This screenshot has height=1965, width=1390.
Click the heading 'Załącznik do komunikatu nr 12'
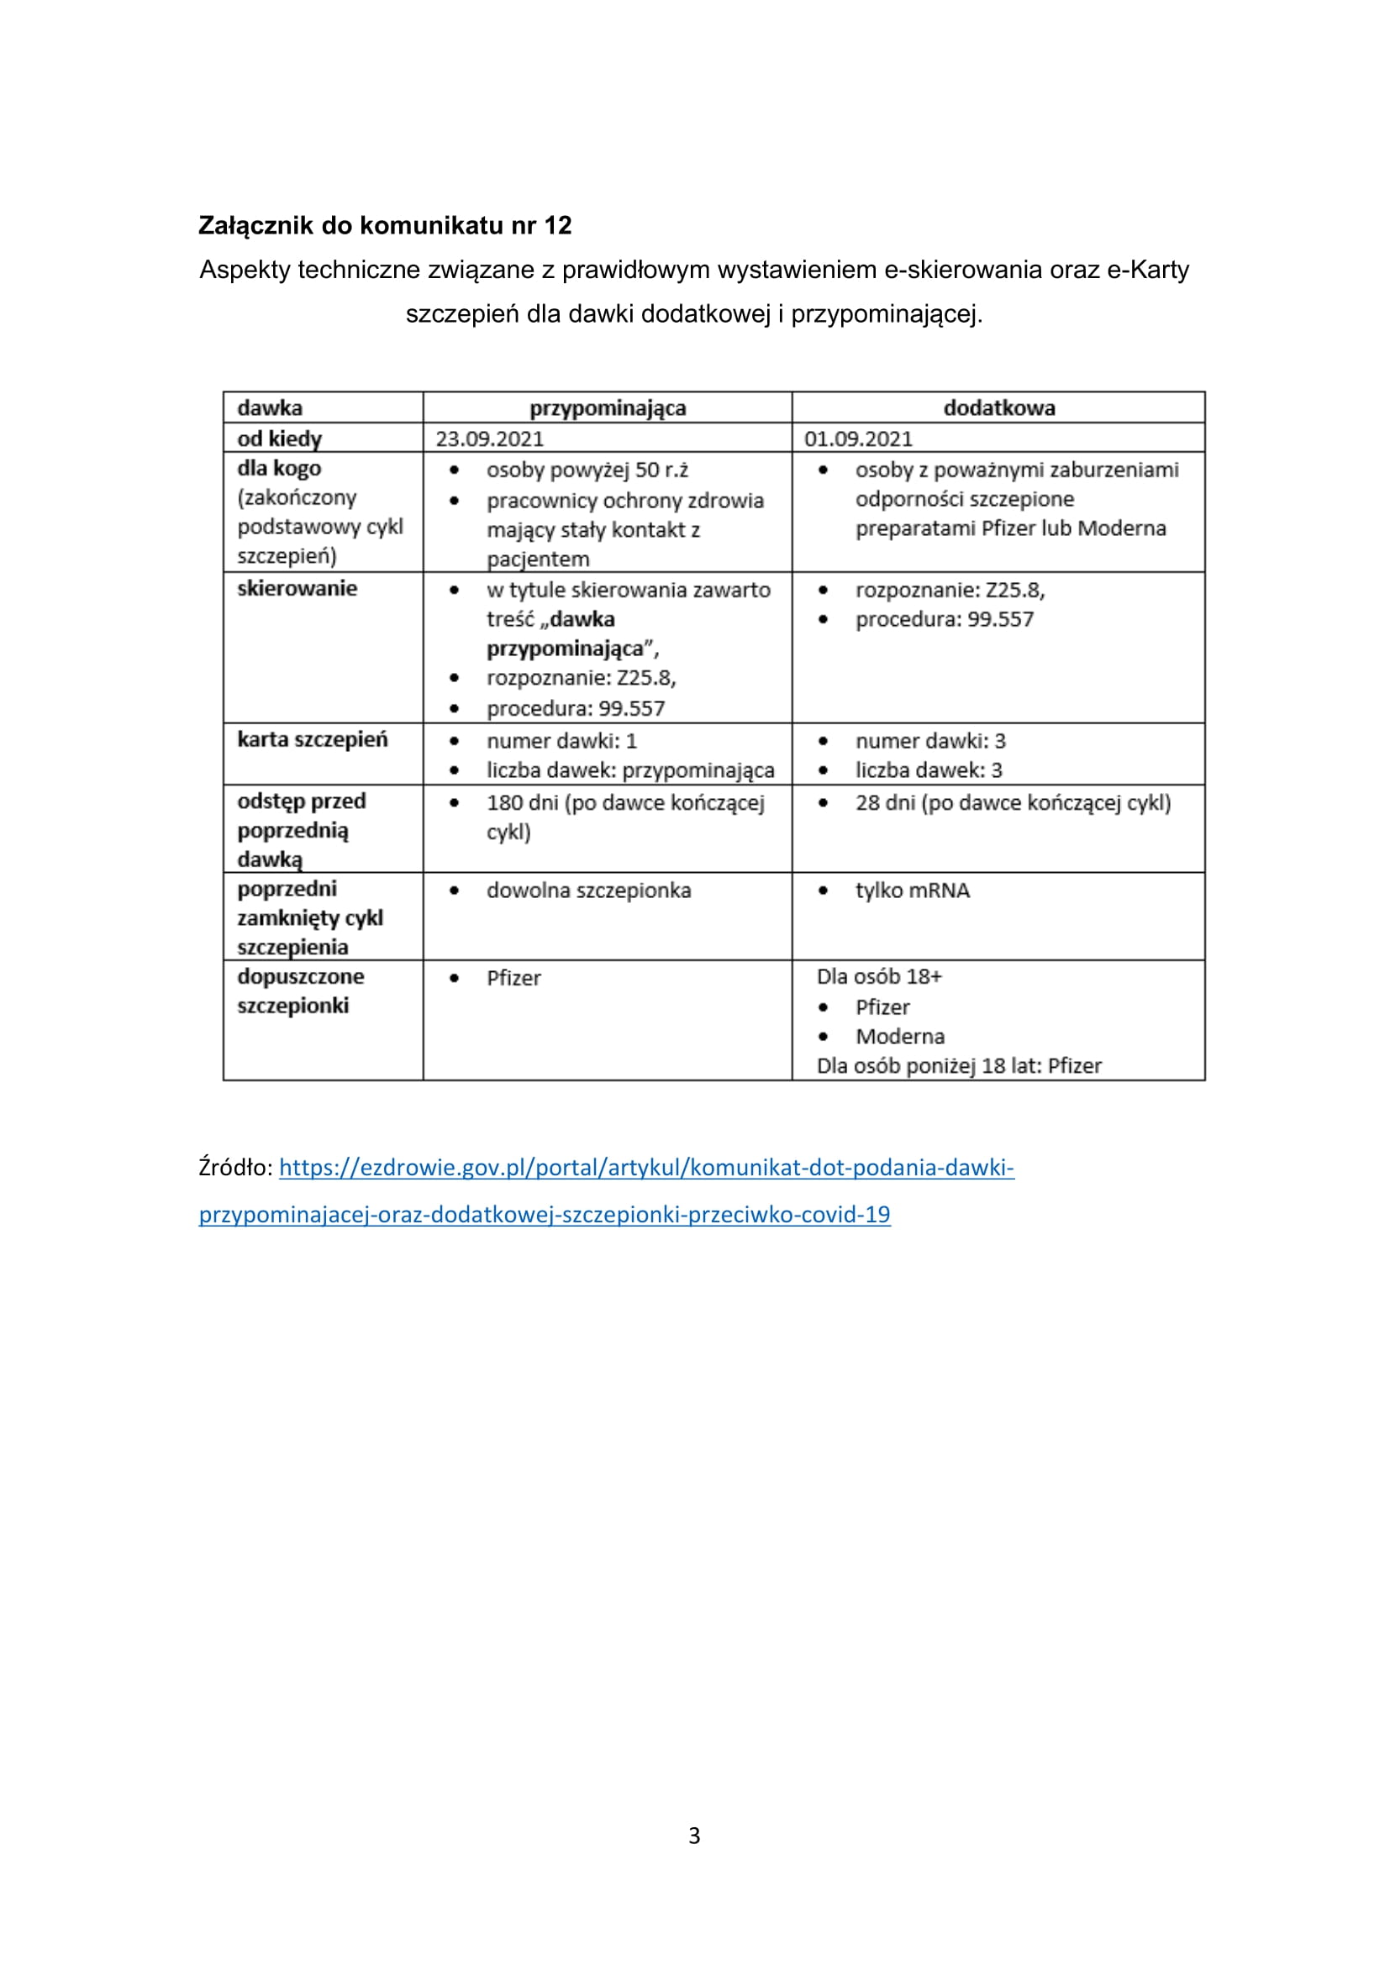pyautogui.click(x=384, y=225)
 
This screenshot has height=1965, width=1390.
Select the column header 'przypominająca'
pyautogui.click(x=607, y=408)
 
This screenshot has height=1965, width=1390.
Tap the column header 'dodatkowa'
pyautogui.click(x=998, y=408)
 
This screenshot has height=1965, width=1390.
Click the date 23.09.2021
pyautogui.click(x=490, y=439)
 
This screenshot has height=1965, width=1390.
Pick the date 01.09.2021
pyautogui.click(x=858, y=439)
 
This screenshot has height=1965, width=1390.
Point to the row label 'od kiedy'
pyautogui.click(x=279, y=439)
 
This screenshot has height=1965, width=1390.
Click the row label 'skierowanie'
pyautogui.click(x=297, y=589)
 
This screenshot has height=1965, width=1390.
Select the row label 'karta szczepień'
pyautogui.click(x=312, y=739)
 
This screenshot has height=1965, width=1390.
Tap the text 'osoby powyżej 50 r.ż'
pyautogui.click(x=587, y=470)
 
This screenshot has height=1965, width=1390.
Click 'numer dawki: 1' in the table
pyautogui.click(x=561, y=741)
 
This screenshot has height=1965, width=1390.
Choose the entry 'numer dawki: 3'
pyautogui.click(x=930, y=741)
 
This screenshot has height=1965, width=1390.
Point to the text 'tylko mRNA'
pyautogui.click(x=913, y=891)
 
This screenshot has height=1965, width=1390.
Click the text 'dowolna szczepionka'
pyautogui.click(x=588, y=891)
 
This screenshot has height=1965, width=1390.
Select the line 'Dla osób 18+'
pyautogui.click(x=879, y=976)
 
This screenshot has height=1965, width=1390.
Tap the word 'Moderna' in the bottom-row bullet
pyautogui.click(x=899, y=1038)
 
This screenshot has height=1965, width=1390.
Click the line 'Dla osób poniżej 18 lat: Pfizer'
pyautogui.click(x=959, y=1066)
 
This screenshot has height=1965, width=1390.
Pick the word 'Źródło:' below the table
pyautogui.click(x=235, y=1168)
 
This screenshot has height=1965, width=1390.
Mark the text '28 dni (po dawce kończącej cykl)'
pyautogui.click(x=1013, y=804)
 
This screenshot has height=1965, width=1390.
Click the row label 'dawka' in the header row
pyautogui.click(x=270, y=408)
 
